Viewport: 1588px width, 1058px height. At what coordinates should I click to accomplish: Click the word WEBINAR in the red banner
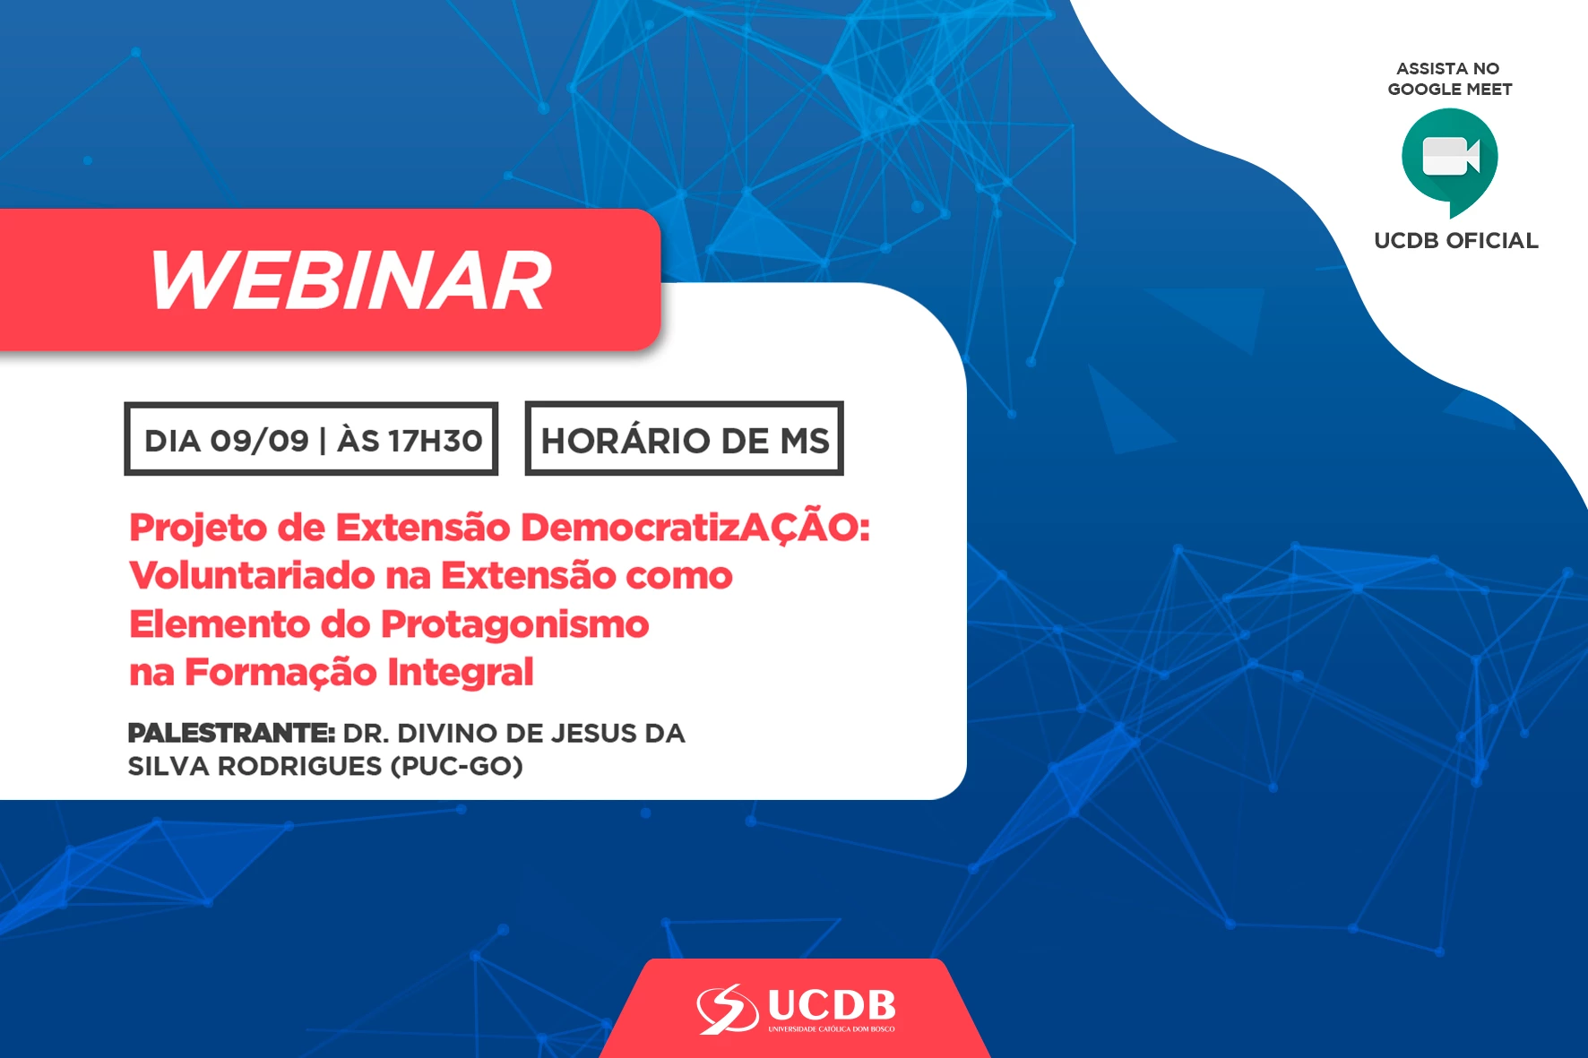350,280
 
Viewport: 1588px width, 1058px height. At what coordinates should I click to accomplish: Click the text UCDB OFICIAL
1456,240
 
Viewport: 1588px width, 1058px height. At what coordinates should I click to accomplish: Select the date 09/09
259,440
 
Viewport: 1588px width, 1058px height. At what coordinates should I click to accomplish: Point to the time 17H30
435,440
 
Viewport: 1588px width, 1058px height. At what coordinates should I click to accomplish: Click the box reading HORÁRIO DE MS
685,439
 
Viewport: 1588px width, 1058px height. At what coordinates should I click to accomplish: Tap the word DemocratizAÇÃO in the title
695,527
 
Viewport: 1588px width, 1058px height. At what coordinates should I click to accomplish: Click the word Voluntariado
252,575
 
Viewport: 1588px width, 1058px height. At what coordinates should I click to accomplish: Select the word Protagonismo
514,624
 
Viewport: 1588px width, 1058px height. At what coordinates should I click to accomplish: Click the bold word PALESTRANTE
231,733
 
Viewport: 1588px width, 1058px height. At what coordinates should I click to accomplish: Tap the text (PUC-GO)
457,767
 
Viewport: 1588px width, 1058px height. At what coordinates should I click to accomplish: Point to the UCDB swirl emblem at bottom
728,1008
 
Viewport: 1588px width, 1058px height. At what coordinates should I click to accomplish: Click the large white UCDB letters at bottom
832,1004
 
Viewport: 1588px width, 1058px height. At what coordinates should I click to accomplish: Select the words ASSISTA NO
1448,68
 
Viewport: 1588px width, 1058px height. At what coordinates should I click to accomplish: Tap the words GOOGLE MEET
1450,89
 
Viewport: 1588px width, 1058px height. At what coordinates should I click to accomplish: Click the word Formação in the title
280,673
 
